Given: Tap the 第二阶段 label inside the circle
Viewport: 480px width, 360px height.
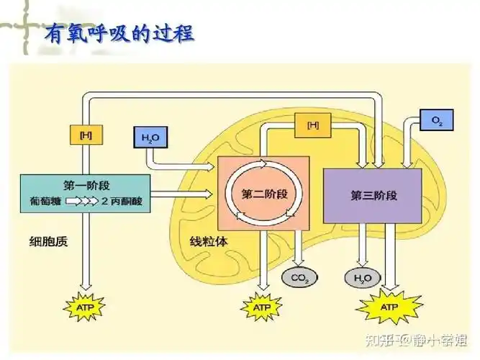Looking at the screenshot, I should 265,194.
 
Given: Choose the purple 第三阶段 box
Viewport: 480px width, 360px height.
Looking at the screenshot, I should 373,194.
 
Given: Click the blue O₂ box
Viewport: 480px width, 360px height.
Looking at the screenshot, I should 436,121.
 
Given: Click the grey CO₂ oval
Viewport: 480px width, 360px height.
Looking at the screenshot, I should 297,277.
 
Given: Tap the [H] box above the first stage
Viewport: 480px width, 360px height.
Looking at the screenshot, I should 86,134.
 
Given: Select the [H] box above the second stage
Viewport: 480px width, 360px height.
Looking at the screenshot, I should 313,125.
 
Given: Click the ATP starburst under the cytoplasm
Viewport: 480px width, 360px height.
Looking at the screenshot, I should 85,307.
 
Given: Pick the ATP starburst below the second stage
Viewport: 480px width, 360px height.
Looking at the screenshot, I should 261,307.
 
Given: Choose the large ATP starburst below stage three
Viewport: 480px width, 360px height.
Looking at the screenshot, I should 389,307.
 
